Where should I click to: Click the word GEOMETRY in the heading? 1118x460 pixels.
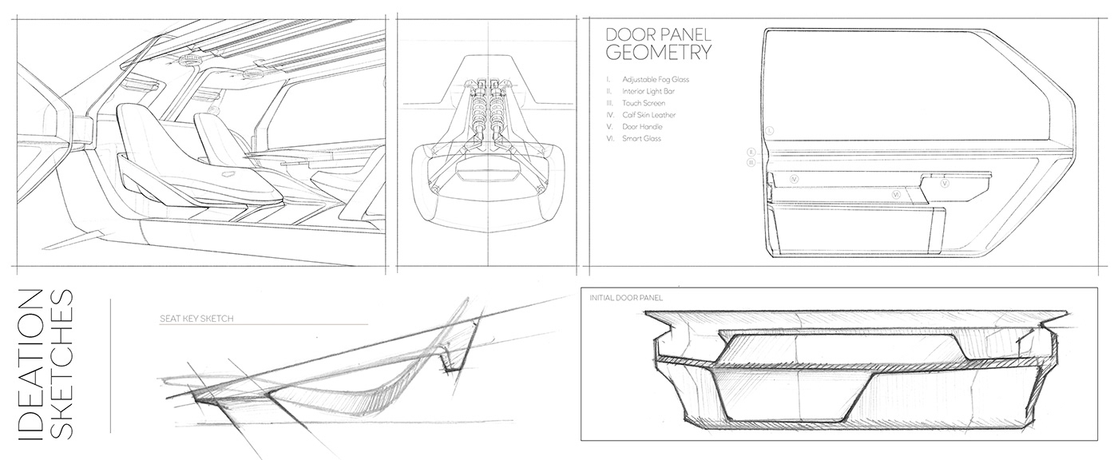tap(658, 54)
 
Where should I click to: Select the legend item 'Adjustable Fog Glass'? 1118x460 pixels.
tap(657, 80)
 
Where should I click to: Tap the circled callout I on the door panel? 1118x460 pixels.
tap(769, 130)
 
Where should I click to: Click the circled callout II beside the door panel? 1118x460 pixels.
tap(751, 151)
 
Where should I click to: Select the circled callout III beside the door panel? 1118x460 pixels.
tap(751, 162)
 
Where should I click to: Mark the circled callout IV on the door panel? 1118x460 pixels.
tap(795, 180)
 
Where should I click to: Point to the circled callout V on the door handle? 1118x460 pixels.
tap(945, 183)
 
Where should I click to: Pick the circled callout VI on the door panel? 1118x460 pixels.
tap(897, 194)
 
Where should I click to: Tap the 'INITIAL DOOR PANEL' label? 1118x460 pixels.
tap(626, 298)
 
